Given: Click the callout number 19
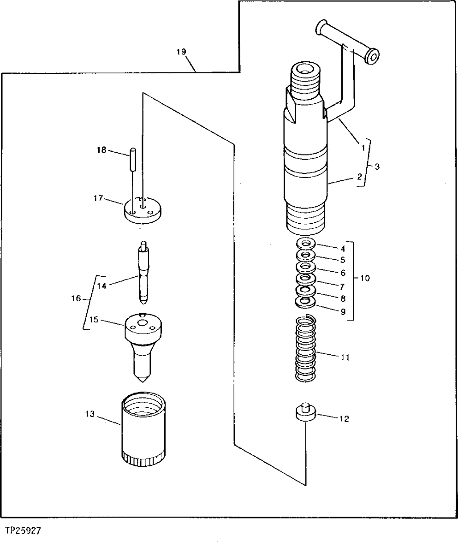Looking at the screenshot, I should pyautogui.click(x=181, y=52).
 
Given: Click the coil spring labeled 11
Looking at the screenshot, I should pyautogui.click(x=305, y=348).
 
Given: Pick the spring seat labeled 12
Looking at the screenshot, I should pyautogui.click(x=305, y=412).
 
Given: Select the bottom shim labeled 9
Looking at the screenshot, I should pyautogui.click(x=305, y=302).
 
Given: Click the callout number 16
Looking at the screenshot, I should pyautogui.click(x=76, y=299).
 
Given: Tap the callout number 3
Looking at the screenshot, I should pyautogui.click(x=377, y=167).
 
